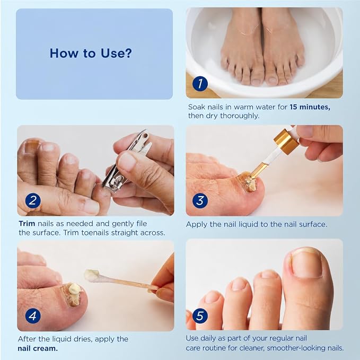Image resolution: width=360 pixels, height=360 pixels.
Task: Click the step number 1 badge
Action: [x=200, y=84]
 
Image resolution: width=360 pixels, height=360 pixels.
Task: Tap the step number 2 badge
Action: [x=33, y=200]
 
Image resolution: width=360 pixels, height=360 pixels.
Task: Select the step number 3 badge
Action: [x=200, y=200]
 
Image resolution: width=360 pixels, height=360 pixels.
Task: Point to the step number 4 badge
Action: [x=33, y=315]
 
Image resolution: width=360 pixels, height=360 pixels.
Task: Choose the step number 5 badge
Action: [x=200, y=315]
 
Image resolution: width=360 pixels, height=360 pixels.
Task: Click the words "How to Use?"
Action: [x=91, y=53]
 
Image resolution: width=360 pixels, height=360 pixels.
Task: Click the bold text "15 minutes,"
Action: [x=310, y=107]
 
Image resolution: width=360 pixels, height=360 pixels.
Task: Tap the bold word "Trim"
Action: [x=27, y=224]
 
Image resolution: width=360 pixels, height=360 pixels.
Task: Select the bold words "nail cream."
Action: [x=38, y=348]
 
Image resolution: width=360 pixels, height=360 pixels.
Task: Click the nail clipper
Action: [x=126, y=161]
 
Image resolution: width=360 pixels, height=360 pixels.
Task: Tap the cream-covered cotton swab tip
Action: [x=92, y=275]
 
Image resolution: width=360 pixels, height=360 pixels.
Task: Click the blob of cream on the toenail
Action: [x=75, y=288]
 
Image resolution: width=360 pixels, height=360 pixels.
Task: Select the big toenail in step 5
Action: [x=306, y=264]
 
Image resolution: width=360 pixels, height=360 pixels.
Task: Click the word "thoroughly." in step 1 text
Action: [x=240, y=116]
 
